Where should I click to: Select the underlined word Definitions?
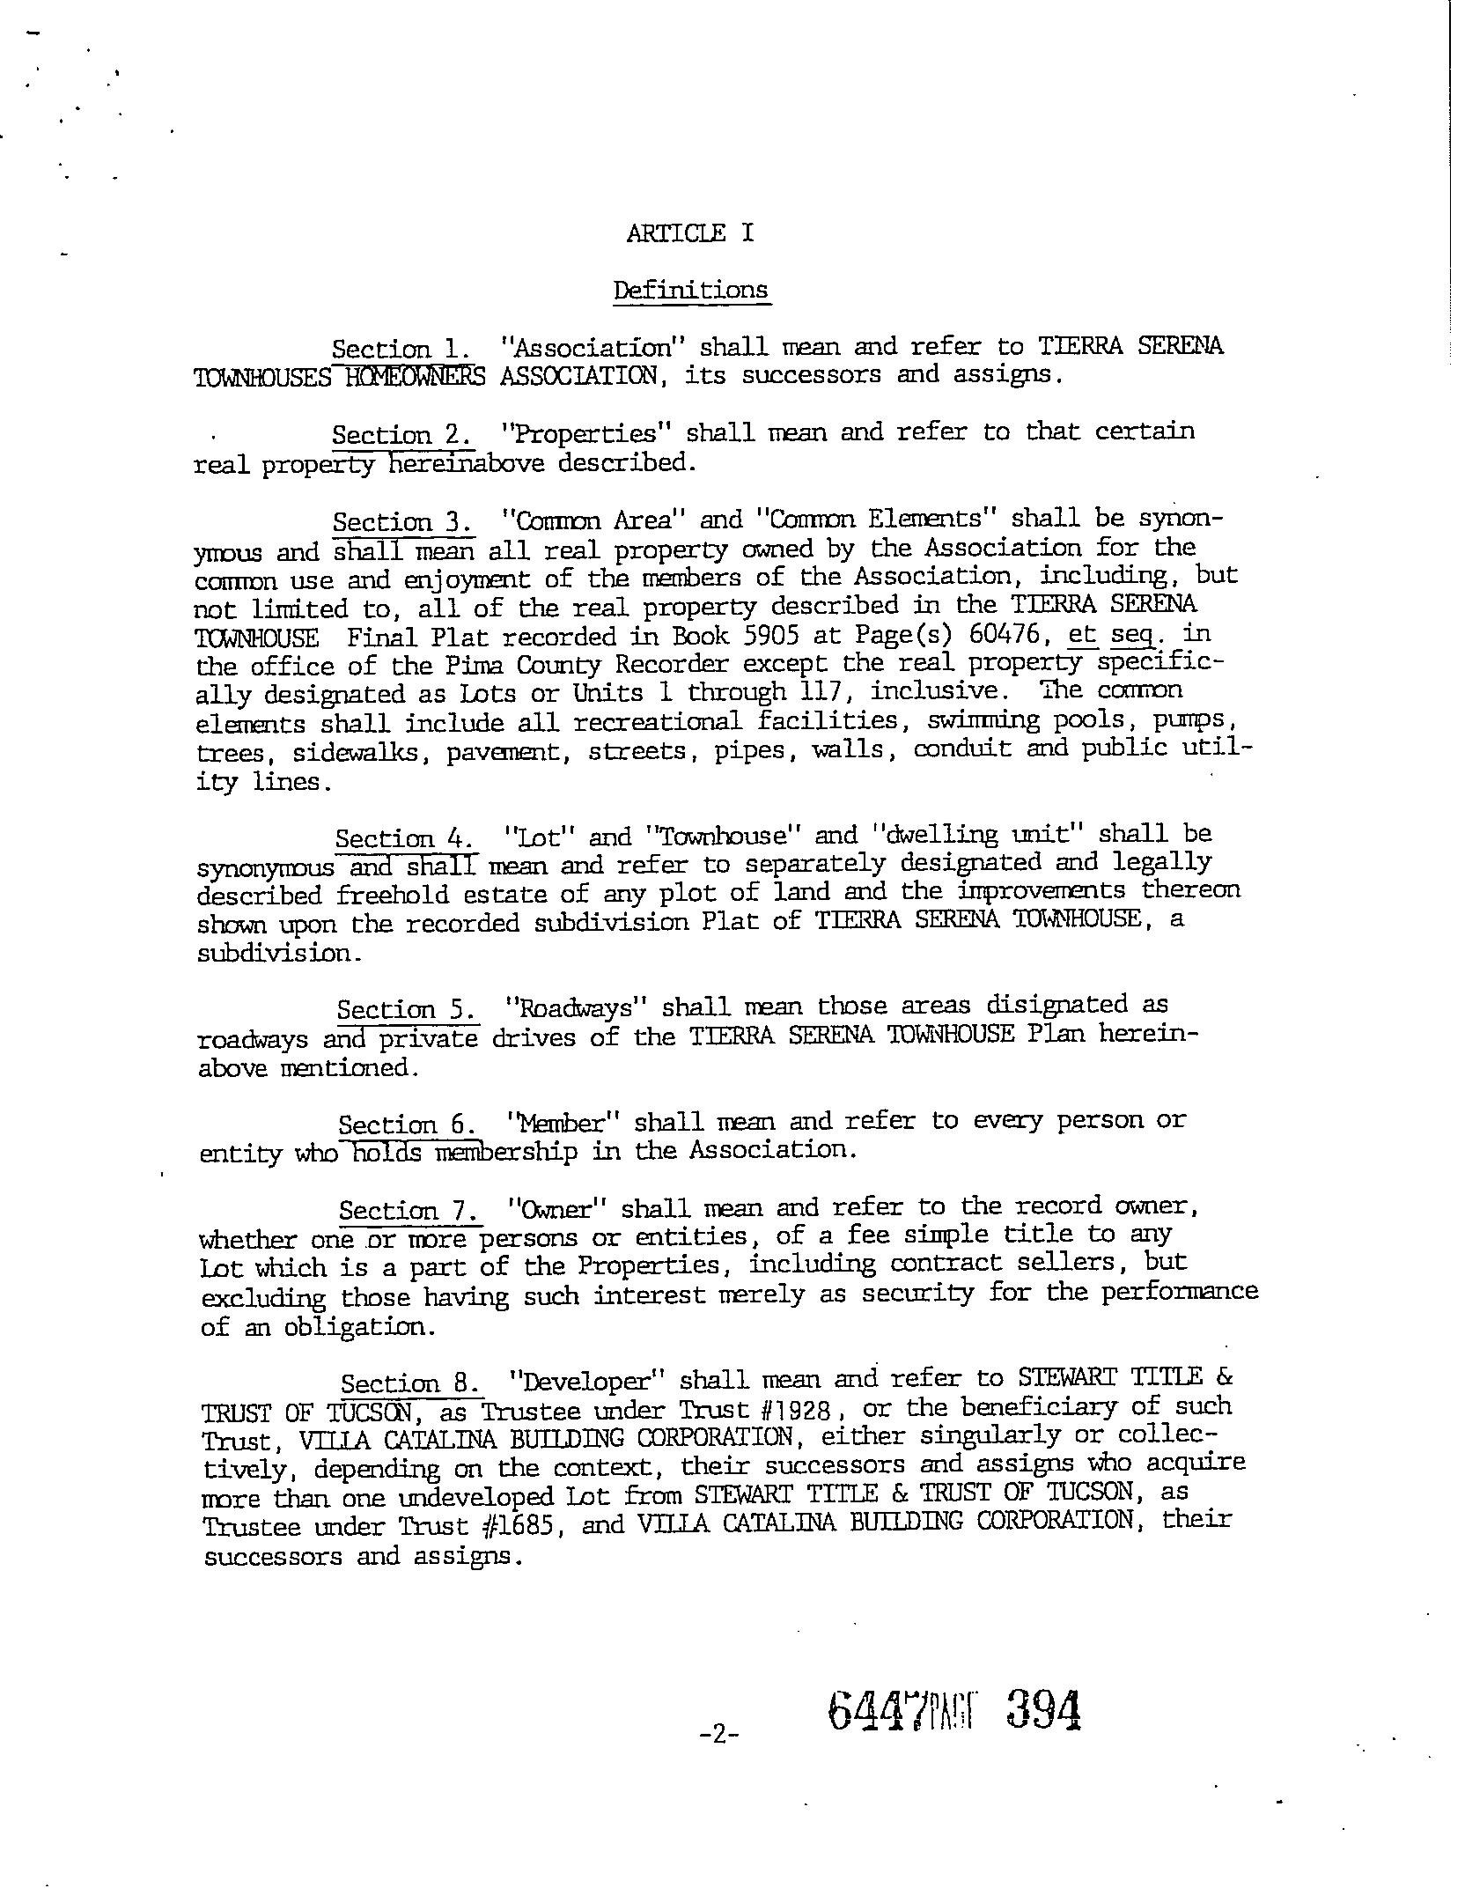(691, 290)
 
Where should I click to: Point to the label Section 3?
(402, 521)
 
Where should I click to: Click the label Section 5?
(408, 1009)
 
